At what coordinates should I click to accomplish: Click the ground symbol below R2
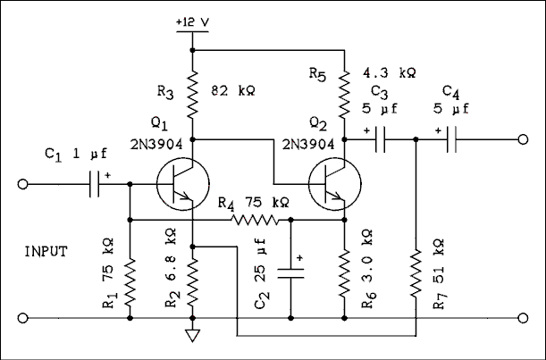pyautogui.click(x=193, y=336)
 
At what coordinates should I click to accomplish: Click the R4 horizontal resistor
pyautogui.click(x=257, y=219)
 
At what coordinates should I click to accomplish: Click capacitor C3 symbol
pyautogui.click(x=380, y=139)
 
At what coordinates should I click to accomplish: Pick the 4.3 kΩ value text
pyautogui.click(x=392, y=71)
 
